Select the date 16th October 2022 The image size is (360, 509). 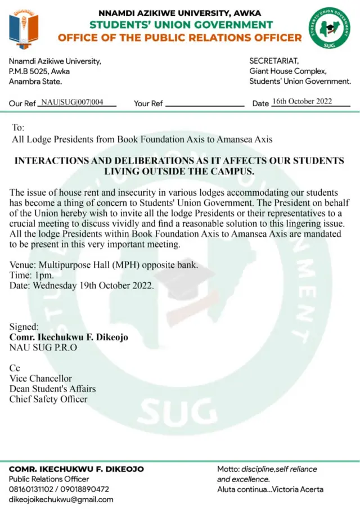coord(301,102)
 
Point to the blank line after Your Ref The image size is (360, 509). coord(205,105)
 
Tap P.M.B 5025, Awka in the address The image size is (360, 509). coord(38,71)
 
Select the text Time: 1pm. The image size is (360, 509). coord(31,275)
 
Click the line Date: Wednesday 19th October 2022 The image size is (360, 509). coord(82,285)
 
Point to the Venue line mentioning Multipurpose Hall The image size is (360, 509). coord(104,265)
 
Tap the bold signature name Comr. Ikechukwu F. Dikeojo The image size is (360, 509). coord(69,337)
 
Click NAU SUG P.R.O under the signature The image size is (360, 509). coord(43,347)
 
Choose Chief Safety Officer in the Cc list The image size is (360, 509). coord(48,399)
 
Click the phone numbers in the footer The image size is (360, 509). coord(59,489)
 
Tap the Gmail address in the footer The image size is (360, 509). coord(61,499)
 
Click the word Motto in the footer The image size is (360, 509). coord(228,469)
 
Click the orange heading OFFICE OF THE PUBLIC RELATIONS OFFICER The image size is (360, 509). coord(180,38)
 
